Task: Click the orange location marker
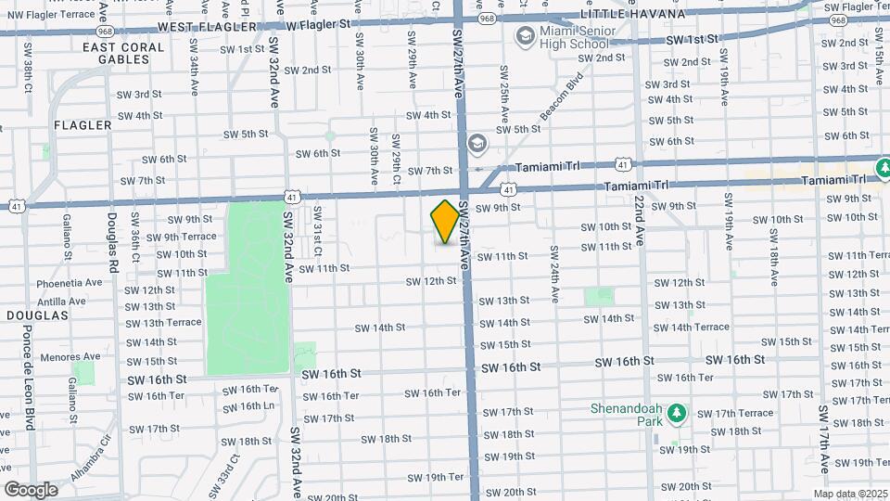[445, 222]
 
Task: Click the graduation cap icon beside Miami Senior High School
[525, 36]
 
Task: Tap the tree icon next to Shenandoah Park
[678, 412]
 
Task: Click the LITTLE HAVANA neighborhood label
[632, 14]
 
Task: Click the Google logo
[31, 489]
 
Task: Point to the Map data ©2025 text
[849, 494]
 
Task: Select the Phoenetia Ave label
[70, 283]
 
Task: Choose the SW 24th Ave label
[554, 275]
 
